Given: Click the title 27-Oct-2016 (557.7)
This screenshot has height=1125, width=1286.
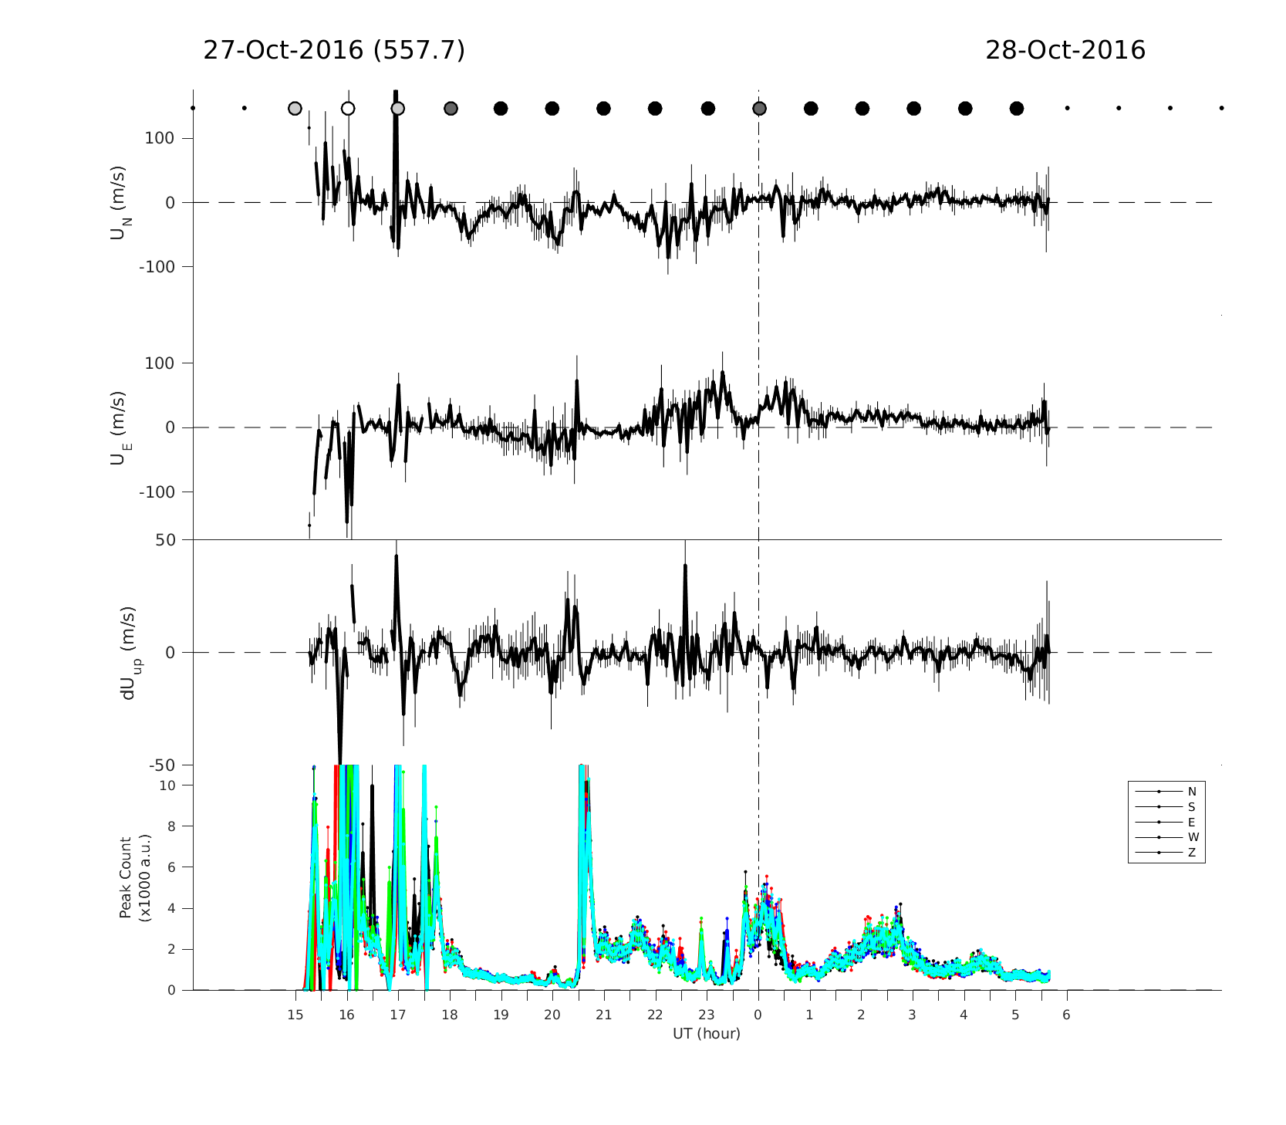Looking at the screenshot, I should [x=333, y=50].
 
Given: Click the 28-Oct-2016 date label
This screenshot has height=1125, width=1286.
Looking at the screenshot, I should [x=1065, y=50].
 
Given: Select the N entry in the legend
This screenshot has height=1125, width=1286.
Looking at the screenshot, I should [x=1192, y=792].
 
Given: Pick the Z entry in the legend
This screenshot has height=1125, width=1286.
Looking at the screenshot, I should [x=1192, y=853].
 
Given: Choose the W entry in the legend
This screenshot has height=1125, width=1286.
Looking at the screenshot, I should [x=1193, y=837].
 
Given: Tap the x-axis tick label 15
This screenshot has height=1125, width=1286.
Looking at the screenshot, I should [x=295, y=1015].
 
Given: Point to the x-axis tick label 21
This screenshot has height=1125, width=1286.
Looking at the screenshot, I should [x=603, y=1015].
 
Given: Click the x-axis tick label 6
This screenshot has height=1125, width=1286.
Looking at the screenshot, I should [x=1066, y=1015].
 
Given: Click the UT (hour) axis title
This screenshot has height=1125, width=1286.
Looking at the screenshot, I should [x=706, y=1033].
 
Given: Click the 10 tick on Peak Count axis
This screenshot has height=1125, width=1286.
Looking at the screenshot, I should [x=166, y=785].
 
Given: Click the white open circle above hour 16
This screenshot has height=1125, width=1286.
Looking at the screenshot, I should [x=348, y=108].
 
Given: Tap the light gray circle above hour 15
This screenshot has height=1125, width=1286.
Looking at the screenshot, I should [x=295, y=108].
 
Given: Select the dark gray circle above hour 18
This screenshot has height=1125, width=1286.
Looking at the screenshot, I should [x=451, y=108].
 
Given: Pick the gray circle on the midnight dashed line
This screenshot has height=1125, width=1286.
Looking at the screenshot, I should [x=759, y=108].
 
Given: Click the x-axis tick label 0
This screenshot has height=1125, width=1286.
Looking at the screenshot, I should [x=758, y=1015].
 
